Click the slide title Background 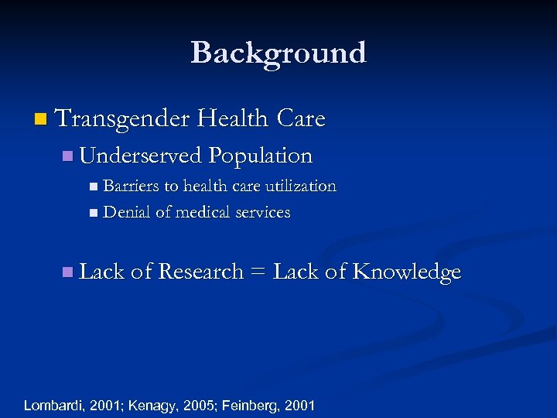278,53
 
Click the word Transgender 122,118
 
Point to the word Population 260,156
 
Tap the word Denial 127,212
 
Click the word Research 200,272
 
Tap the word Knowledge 407,272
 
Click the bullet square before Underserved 67,156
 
